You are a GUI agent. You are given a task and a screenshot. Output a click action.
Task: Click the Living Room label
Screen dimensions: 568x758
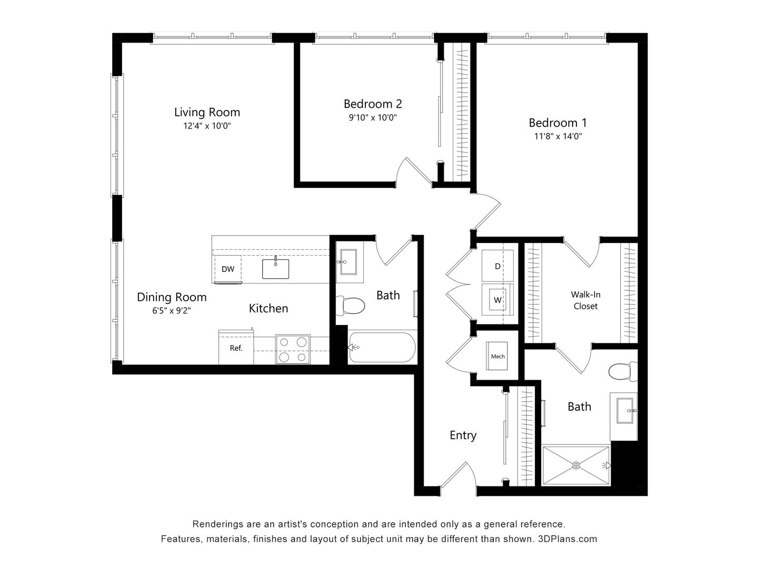[x=207, y=112]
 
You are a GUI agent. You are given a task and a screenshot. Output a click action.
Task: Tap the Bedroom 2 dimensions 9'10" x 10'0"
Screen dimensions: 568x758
[x=373, y=118]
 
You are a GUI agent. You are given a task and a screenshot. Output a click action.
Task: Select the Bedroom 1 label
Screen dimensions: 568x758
[x=557, y=123]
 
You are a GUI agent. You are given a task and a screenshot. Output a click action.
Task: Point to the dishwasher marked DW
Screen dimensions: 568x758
[x=227, y=269]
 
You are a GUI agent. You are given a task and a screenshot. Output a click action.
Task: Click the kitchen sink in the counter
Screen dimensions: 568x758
[x=276, y=268]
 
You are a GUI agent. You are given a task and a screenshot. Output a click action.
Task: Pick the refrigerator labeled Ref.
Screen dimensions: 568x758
[x=236, y=348]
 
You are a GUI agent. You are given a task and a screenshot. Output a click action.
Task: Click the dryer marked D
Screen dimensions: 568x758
[x=497, y=266]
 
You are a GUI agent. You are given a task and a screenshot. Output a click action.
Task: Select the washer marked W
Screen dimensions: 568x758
[x=497, y=300]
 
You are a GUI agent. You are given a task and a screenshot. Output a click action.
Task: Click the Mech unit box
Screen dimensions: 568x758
[x=497, y=356]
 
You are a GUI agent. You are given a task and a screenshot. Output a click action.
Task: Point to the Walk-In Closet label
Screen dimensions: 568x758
[x=585, y=300]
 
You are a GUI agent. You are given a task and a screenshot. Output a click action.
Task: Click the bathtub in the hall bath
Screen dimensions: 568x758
[x=382, y=347]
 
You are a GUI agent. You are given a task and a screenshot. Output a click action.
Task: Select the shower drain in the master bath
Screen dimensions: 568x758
[x=576, y=465]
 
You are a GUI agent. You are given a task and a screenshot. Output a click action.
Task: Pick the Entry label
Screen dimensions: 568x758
[x=463, y=435]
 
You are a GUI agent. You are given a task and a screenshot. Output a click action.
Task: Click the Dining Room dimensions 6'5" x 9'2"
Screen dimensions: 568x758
[x=172, y=311]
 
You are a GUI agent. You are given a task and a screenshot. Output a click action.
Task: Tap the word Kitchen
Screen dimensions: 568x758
[x=268, y=308]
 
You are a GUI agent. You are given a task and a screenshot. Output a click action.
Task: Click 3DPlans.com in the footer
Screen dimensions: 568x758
[x=567, y=539]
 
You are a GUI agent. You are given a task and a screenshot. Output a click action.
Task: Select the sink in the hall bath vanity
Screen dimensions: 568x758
[x=348, y=261]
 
